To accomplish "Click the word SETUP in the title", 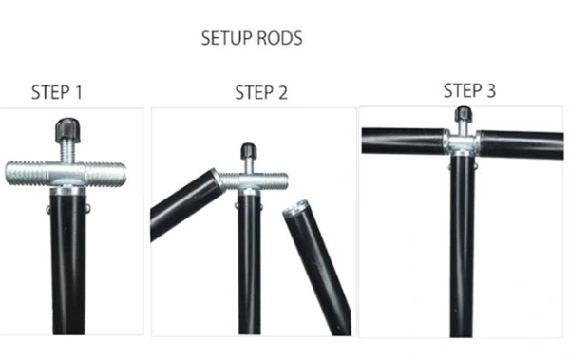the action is click(225, 38).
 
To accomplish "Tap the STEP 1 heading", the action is click(57, 92).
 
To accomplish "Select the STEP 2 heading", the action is click(261, 92).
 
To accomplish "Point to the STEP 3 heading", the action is click(469, 90).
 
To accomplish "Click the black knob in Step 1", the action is click(67, 130).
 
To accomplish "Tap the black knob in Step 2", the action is click(249, 151).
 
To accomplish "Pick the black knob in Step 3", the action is click(464, 114).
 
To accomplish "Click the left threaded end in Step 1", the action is click(28, 173).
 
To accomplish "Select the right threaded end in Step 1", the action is click(106, 175).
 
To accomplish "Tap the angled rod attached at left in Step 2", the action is click(186, 204).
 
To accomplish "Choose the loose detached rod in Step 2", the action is click(317, 266).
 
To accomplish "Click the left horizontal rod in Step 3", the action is click(404, 141).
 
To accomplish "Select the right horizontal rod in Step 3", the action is click(521, 144).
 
